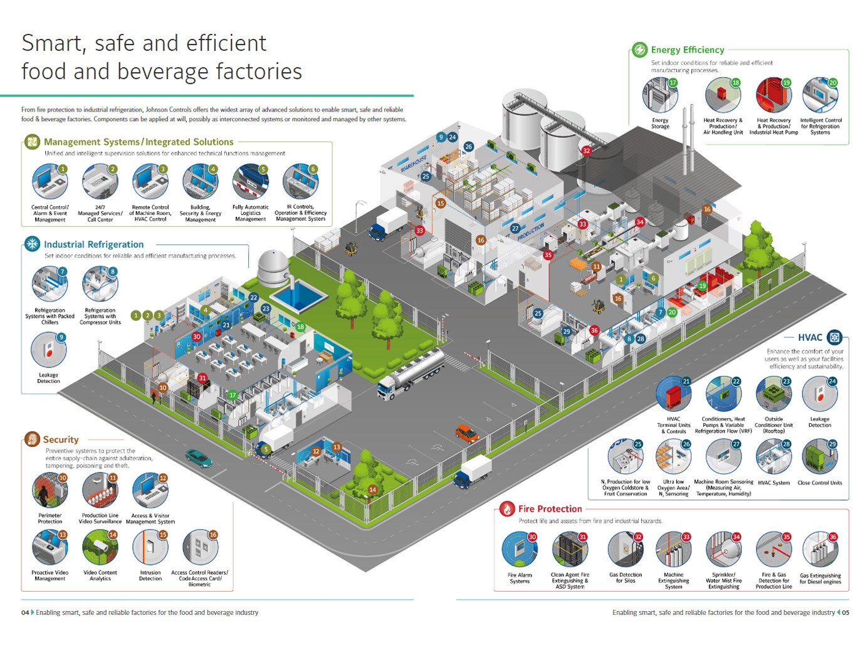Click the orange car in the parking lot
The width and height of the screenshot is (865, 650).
point(466,433)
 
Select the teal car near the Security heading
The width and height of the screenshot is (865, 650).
point(198,458)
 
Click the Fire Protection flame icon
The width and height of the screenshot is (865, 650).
point(506,509)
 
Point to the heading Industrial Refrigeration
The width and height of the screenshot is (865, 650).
point(93,244)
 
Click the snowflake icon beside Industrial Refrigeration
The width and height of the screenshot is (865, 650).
point(31,244)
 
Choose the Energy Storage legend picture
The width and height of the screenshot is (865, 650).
point(659,96)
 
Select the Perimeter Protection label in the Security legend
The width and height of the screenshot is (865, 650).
point(50,518)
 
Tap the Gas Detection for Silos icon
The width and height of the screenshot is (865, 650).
point(625,549)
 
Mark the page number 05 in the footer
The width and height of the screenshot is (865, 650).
point(846,612)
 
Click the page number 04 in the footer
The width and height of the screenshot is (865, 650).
point(25,612)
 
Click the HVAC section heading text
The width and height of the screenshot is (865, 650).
point(810,337)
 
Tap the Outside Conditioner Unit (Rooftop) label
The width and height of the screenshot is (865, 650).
point(773,425)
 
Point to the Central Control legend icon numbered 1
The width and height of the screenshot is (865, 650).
point(50,182)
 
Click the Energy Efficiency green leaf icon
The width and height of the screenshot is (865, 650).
point(639,50)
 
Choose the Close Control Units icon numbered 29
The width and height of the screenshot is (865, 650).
point(819,457)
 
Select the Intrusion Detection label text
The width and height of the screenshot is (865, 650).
point(150,575)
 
